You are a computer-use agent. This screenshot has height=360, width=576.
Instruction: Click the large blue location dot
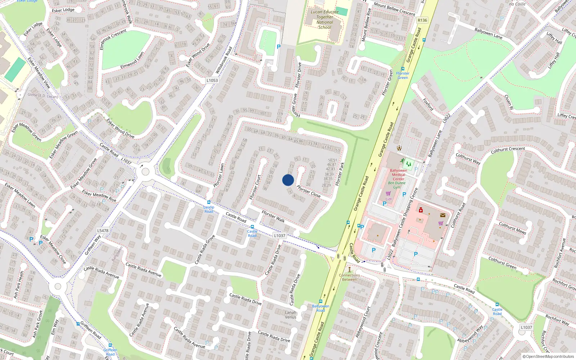pos(288,180)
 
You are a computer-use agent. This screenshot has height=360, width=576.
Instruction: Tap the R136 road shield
pos(422,20)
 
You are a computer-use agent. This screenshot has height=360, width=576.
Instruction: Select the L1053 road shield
pos(212,80)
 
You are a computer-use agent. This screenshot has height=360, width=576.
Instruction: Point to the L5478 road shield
pos(103,230)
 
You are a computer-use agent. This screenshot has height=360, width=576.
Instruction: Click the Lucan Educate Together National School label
pos(325,19)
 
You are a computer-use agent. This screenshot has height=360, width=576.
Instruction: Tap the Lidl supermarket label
pos(388,199)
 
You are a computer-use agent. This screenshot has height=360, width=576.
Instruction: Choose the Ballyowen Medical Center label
pos(398,175)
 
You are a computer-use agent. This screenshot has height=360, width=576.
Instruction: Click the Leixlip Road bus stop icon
pos(209,202)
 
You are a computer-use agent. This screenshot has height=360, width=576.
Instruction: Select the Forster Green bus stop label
pos(402,75)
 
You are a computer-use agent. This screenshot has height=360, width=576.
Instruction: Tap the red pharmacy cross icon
pos(420,210)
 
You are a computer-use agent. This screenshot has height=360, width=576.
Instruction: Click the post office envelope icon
pos(443,215)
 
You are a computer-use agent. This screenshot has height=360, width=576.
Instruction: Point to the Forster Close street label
pos(309,191)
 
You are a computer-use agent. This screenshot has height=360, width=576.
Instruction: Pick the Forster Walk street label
pos(273,216)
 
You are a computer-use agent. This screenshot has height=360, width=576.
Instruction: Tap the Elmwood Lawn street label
pos(132,60)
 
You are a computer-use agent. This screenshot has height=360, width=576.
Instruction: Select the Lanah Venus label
pos(291,315)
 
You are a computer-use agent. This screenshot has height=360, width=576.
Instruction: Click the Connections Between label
pos(349,277)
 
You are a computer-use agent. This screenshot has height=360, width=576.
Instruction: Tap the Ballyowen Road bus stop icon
pos(320,301)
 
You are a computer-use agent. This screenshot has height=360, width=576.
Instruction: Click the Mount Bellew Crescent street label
pos(395,9)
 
